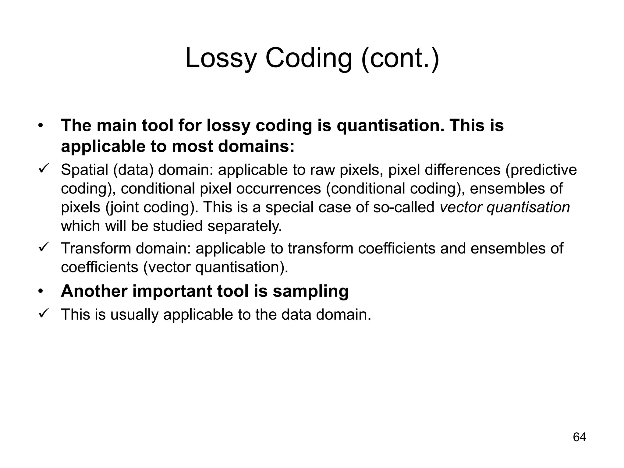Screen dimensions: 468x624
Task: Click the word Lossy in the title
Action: click(x=220, y=58)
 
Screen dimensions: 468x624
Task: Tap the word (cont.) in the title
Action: click(x=400, y=58)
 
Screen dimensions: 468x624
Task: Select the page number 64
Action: click(x=579, y=437)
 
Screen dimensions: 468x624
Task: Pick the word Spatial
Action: click(x=84, y=170)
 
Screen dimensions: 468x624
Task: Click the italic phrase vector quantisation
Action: click(x=505, y=207)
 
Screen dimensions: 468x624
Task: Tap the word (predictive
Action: click(x=541, y=170)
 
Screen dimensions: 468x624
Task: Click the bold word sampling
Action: click(x=310, y=291)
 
